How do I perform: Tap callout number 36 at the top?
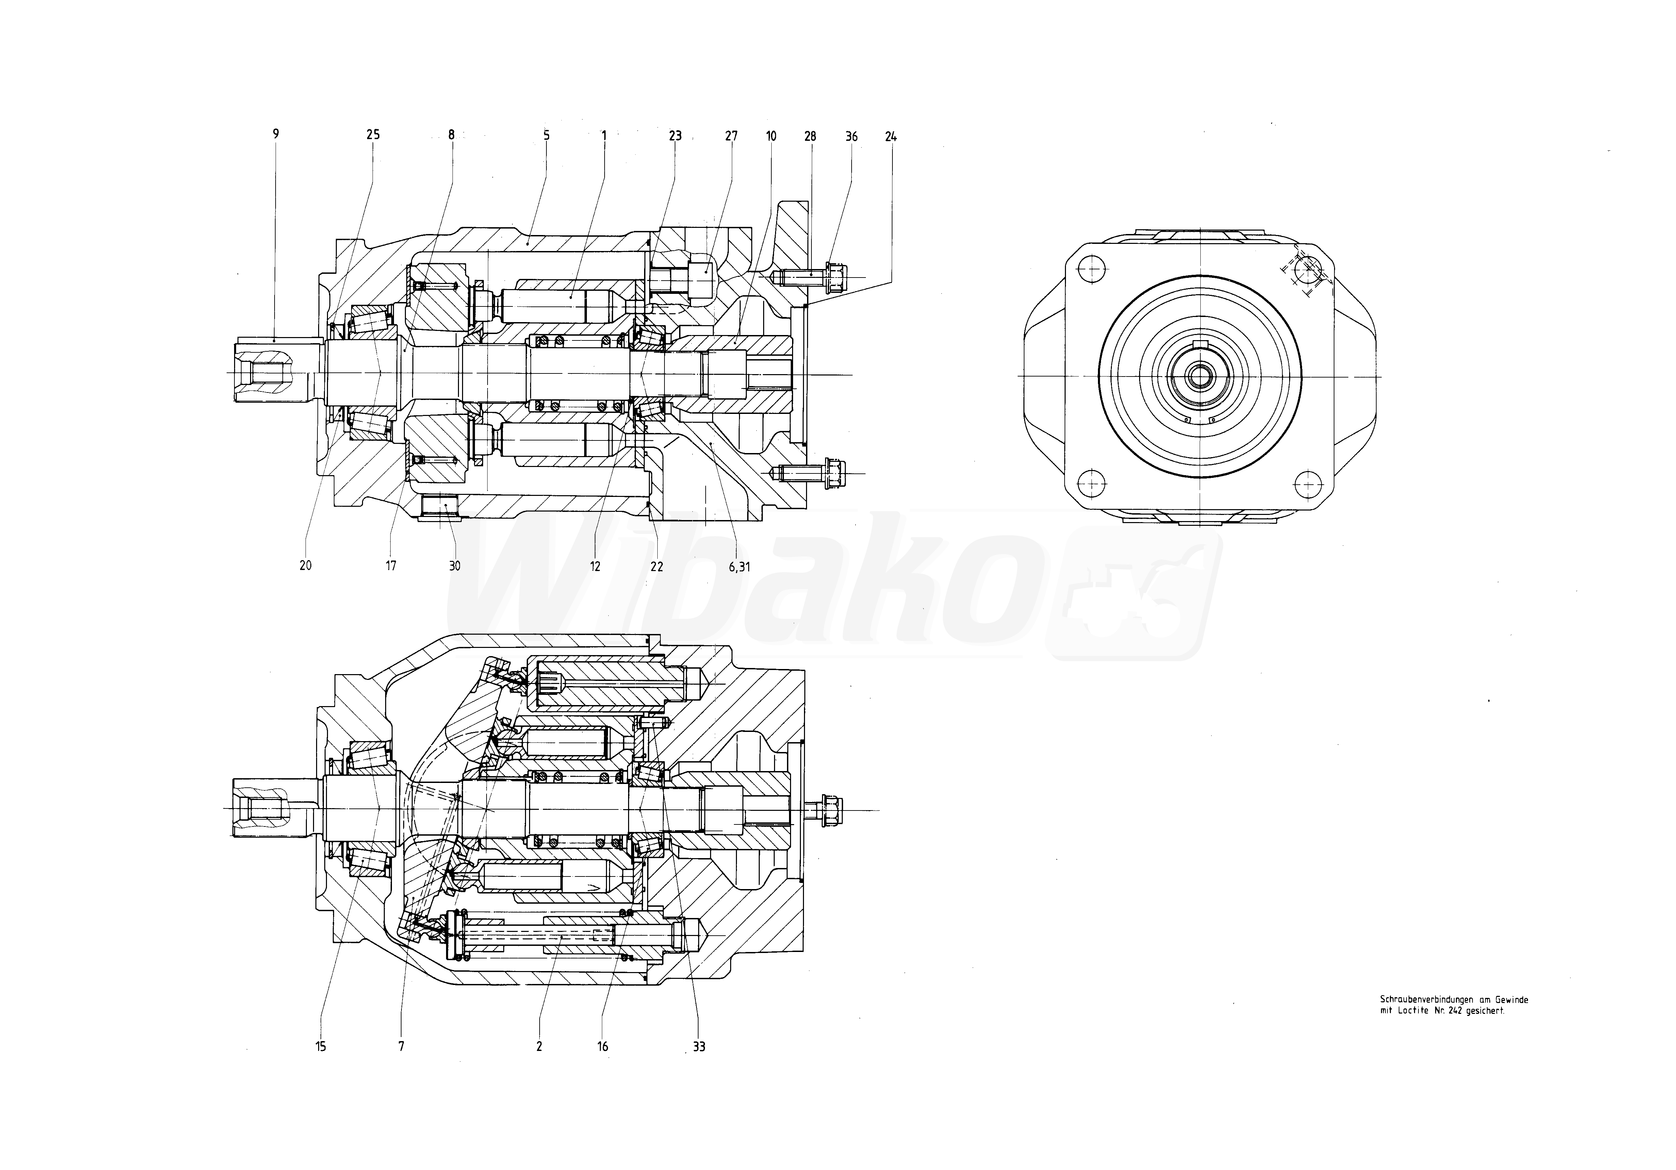[851, 136]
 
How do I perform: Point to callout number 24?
[890, 136]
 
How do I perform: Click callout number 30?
[455, 566]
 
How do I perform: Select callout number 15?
[321, 1047]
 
